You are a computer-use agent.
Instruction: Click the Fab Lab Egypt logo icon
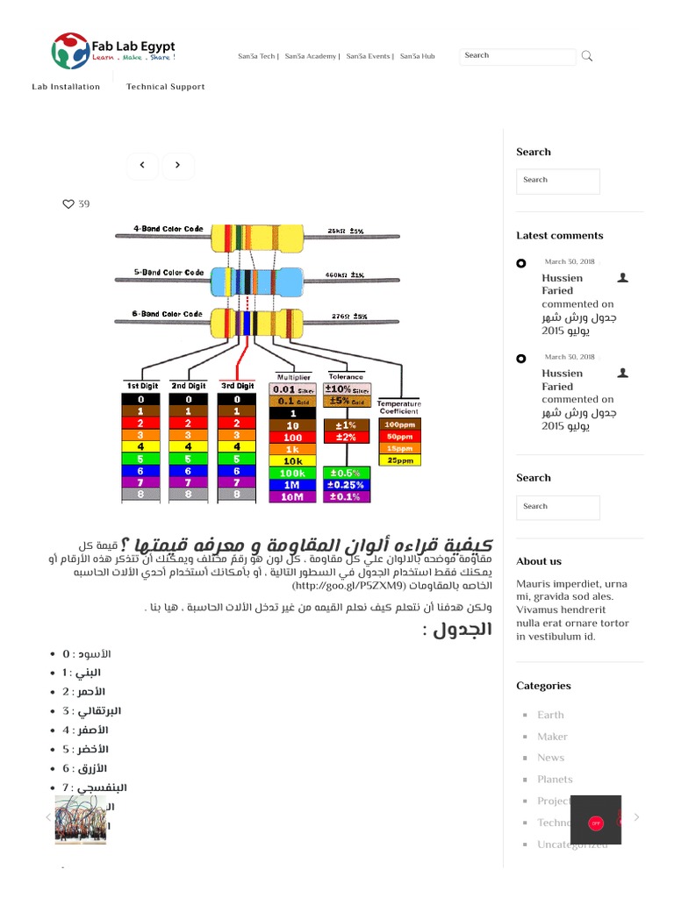(x=69, y=52)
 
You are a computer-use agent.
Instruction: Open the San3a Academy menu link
(x=311, y=56)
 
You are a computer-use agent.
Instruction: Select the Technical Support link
(x=165, y=87)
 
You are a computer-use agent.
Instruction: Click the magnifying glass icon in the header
(x=587, y=56)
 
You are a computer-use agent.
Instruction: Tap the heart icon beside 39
(x=68, y=204)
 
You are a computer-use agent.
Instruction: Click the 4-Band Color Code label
(x=168, y=229)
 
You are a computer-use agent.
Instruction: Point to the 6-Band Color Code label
(x=168, y=314)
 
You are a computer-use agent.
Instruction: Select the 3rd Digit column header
(x=237, y=386)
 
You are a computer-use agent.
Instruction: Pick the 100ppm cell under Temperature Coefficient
(x=399, y=424)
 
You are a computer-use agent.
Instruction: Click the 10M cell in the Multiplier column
(x=293, y=496)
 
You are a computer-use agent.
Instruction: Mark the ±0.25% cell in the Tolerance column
(x=346, y=484)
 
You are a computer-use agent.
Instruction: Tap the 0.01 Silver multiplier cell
(x=293, y=389)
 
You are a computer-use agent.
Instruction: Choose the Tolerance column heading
(x=346, y=377)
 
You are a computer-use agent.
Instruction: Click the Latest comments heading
(x=559, y=236)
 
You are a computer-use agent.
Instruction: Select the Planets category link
(x=555, y=780)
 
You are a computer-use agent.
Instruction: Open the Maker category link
(x=552, y=737)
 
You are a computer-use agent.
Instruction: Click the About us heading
(x=539, y=561)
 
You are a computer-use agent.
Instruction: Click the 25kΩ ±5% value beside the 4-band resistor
(x=346, y=231)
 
